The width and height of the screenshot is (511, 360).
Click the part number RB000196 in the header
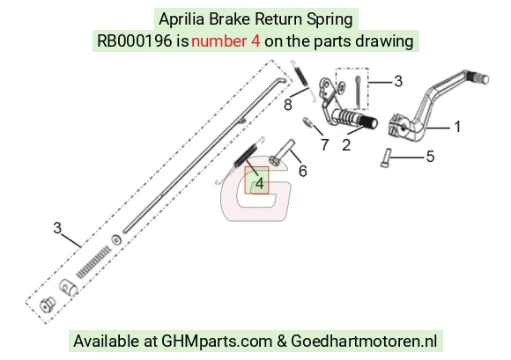[x=135, y=41]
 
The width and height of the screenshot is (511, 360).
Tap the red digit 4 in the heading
[x=255, y=41]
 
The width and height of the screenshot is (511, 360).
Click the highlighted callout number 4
[x=259, y=183]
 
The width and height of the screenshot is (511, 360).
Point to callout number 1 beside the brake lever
[x=457, y=127]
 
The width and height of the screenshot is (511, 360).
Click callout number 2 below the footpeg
[x=346, y=145]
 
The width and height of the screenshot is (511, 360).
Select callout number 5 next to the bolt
[x=431, y=157]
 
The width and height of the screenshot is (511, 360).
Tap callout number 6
[x=303, y=171]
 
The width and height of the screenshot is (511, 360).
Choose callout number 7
[x=324, y=145]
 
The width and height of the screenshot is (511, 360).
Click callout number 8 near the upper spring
[x=288, y=105]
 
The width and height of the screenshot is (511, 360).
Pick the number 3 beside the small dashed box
[x=398, y=81]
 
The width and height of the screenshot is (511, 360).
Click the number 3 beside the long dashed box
[x=57, y=228]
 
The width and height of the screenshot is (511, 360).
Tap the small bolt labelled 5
[x=386, y=158]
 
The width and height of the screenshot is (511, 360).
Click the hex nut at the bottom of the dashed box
[x=48, y=305]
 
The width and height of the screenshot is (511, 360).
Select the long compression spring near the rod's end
[x=93, y=262]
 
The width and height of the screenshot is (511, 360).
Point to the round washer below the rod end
[x=116, y=240]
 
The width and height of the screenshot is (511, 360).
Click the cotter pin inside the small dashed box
[x=358, y=92]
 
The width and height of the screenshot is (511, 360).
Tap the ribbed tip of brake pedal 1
[x=479, y=77]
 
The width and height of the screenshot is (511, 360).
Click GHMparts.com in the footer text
[x=217, y=342]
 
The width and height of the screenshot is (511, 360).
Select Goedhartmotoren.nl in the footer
[x=364, y=342]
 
